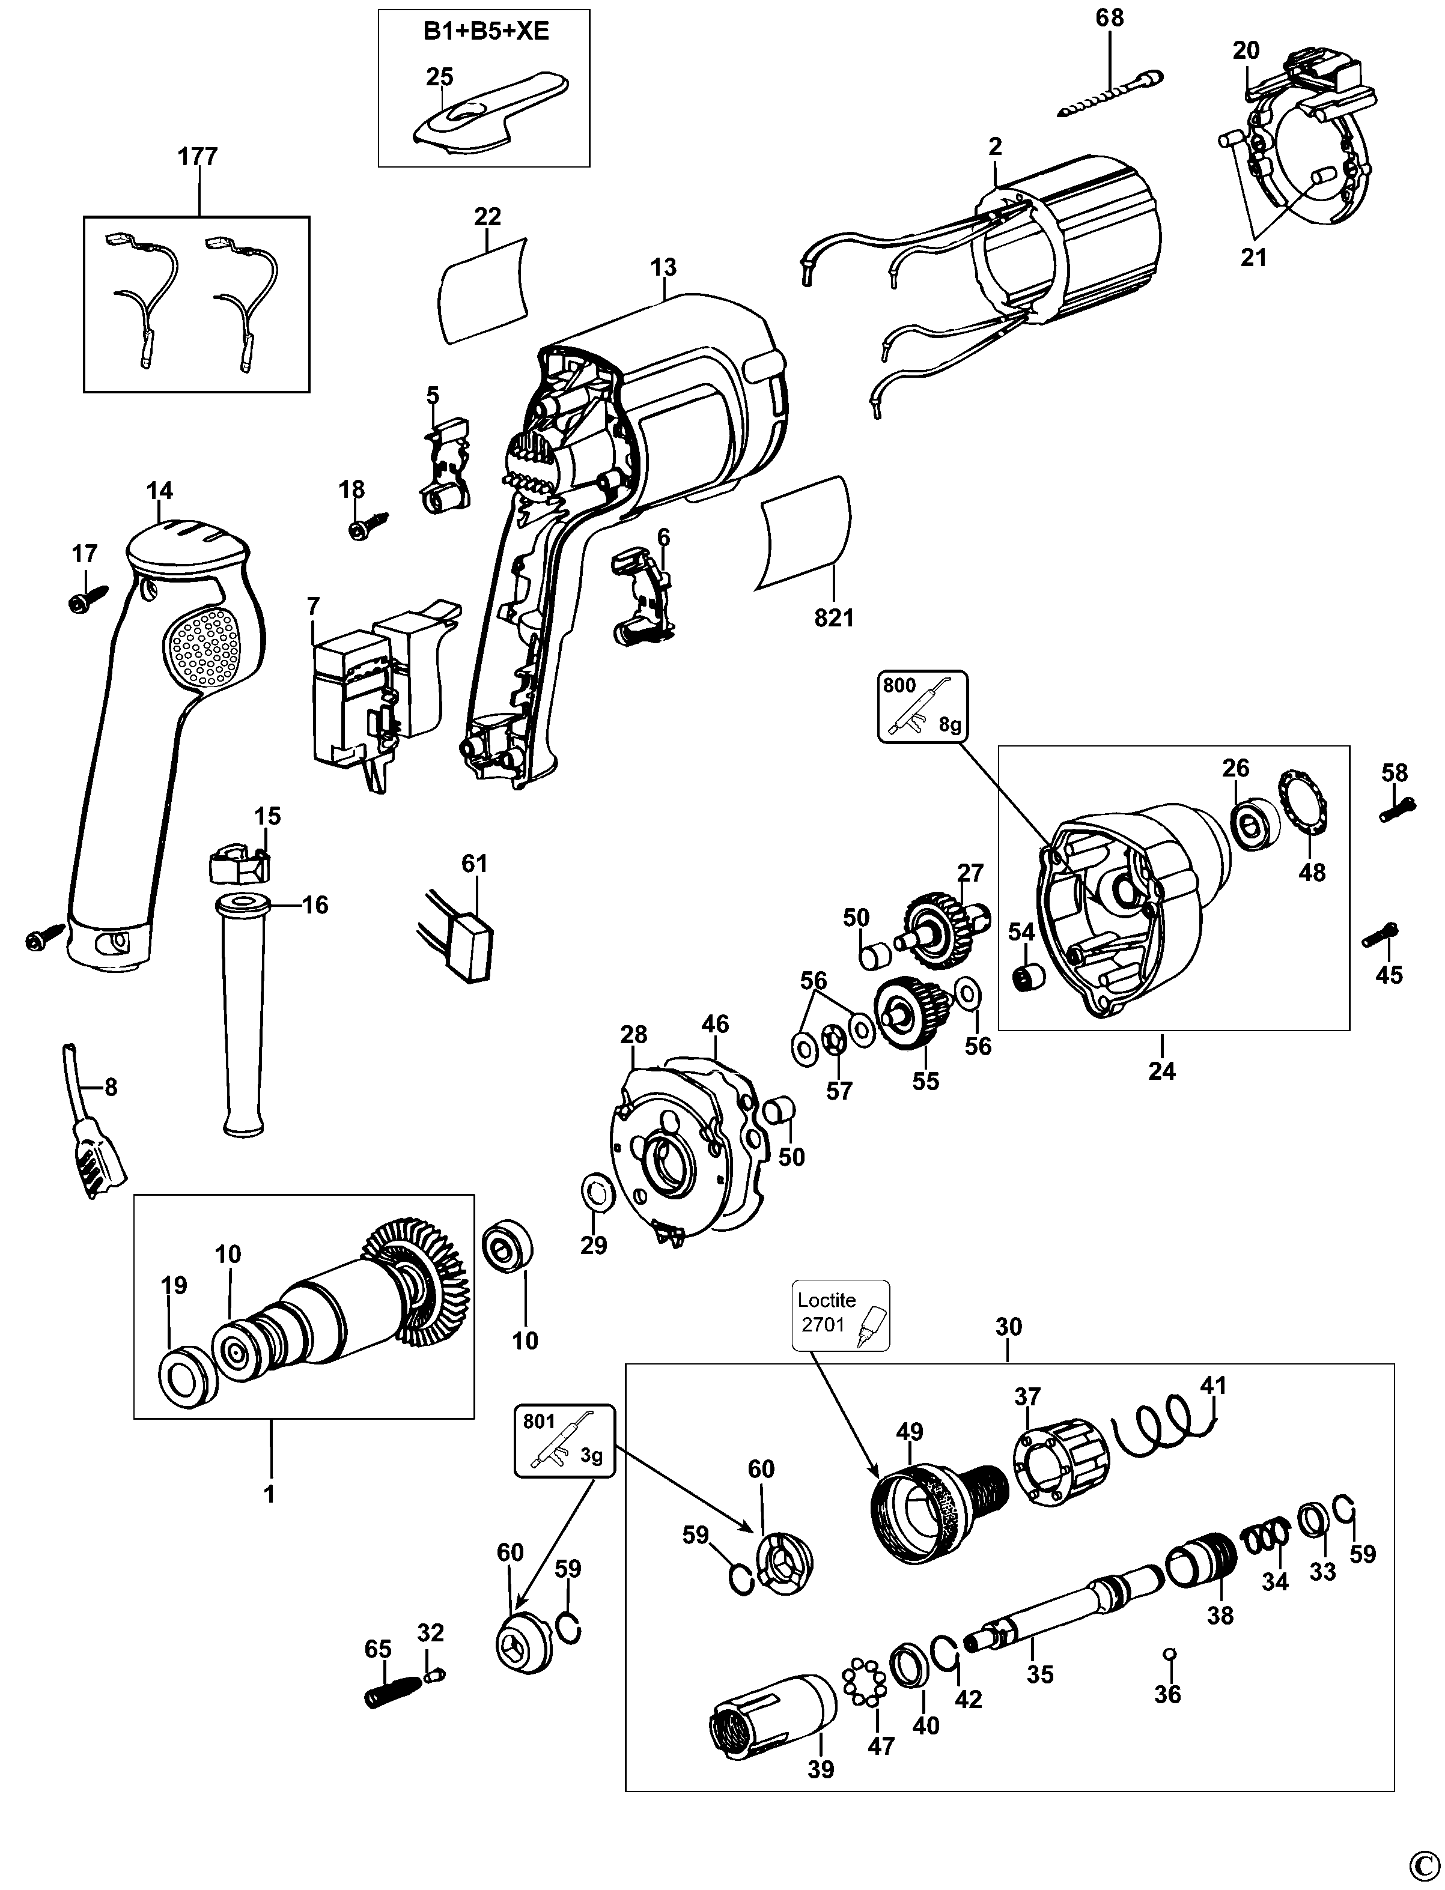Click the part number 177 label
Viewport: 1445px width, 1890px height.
[198, 157]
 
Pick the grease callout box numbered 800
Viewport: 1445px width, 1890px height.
[922, 707]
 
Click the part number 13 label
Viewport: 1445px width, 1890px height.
[663, 267]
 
